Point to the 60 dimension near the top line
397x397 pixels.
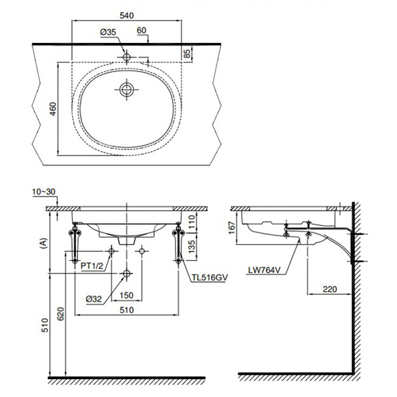pos(142,30)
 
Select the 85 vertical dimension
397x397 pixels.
pos(188,52)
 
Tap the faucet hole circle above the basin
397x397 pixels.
pos(126,58)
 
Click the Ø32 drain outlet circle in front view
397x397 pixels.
pos(126,273)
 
